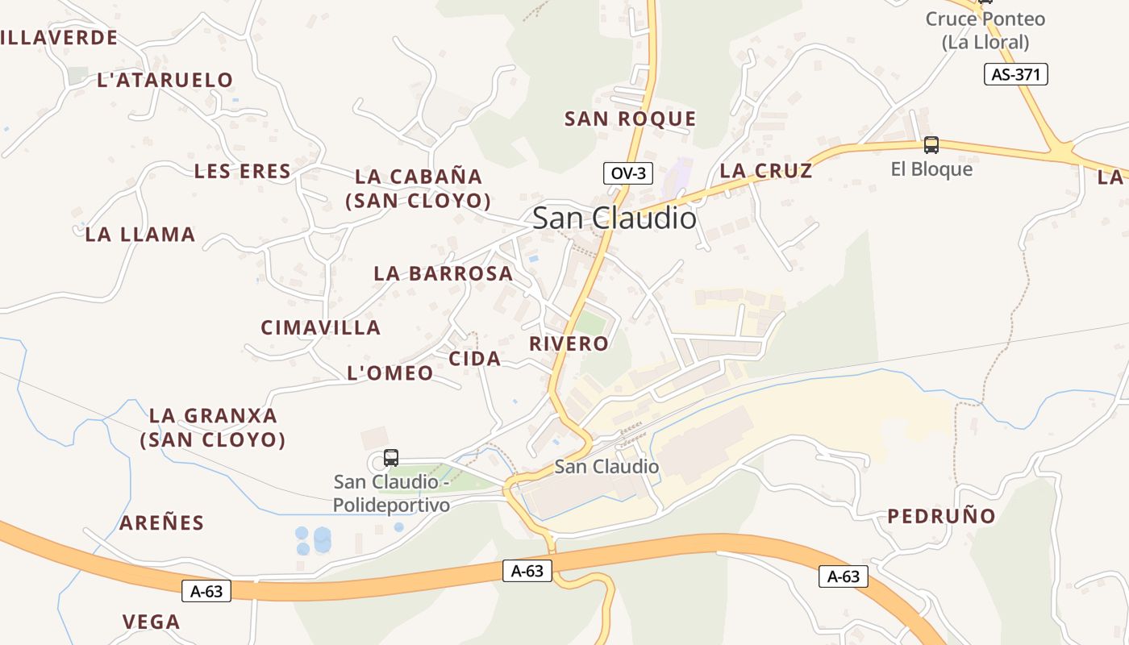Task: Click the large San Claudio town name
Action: point(614,218)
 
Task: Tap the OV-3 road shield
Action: point(627,173)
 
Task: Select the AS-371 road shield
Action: point(1015,75)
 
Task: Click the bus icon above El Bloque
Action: point(931,145)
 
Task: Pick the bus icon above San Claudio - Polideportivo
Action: point(391,458)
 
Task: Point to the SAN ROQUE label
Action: point(630,119)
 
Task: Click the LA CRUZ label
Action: point(765,171)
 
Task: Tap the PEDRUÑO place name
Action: point(941,516)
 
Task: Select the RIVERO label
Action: point(569,343)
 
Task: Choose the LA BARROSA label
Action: point(443,273)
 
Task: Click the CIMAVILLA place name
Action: point(320,327)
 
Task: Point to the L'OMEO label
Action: point(390,372)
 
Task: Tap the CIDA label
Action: point(474,359)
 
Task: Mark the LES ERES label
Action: point(242,171)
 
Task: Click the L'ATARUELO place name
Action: point(165,80)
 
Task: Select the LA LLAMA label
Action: point(140,235)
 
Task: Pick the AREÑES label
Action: point(161,522)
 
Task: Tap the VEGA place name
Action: point(151,622)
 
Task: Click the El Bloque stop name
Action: point(931,169)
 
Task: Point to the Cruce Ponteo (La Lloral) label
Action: point(985,30)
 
